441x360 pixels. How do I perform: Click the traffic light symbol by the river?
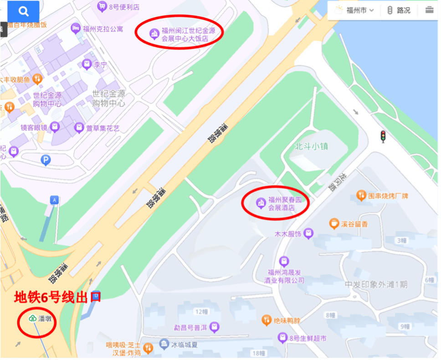(383, 136)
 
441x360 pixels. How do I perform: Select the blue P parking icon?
(46, 160)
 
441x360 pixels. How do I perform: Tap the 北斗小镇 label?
(312, 147)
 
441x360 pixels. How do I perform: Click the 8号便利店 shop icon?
(102, 6)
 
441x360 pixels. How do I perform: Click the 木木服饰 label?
(287, 234)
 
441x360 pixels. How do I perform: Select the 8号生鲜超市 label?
(308, 338)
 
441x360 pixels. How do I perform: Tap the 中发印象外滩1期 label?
(376, 284)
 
